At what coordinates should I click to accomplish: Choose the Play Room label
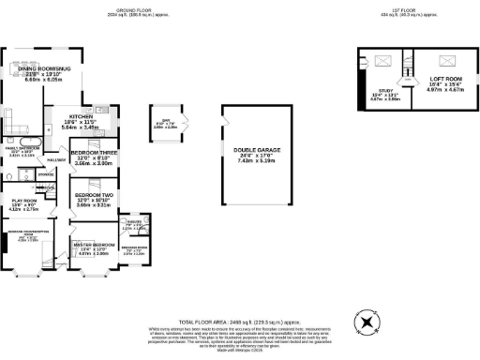(23, 200)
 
